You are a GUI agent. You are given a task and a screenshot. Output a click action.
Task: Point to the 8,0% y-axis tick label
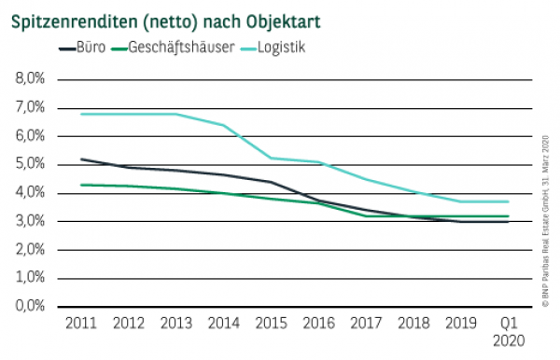[x=31, y=78]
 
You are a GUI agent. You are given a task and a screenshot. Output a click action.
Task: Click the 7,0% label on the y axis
[x=31, y=107]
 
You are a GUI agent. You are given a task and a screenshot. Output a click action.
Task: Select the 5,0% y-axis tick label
[x=31, y=164]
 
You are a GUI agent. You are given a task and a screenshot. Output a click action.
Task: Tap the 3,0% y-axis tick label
[x=31, y=221]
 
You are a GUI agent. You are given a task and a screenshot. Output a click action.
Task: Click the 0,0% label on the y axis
[x=31, y=306]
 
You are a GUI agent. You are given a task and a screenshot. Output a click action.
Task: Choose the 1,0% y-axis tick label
[x=31, y=278]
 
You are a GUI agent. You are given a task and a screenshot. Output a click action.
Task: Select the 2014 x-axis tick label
[x=222, y=324]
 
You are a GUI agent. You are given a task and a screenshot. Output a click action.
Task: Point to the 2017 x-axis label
[x=365, y=324]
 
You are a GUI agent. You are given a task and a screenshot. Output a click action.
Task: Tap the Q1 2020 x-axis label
[x=507, y=331]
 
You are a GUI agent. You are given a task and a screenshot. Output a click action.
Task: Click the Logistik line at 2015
[x=270, y=158]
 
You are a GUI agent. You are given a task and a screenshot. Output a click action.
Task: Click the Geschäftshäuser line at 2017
[x=365, y=215]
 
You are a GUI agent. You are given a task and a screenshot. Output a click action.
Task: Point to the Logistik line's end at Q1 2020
[x=507, y=201]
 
